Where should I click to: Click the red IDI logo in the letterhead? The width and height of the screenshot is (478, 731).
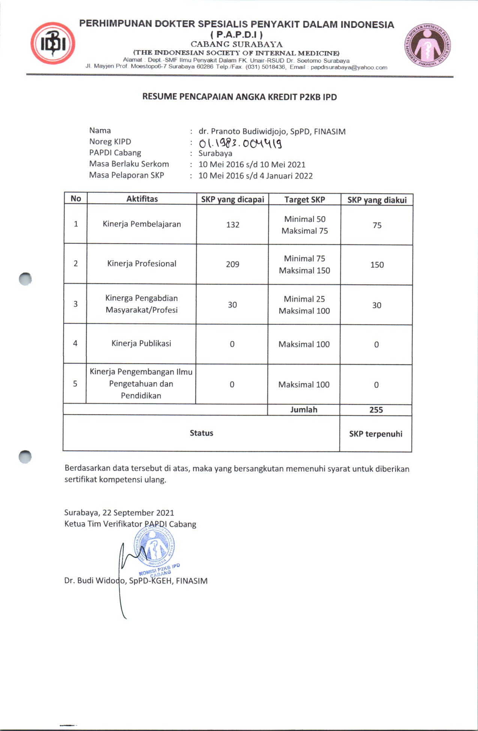point(53,43)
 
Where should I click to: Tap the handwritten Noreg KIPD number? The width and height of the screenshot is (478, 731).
point(240,143)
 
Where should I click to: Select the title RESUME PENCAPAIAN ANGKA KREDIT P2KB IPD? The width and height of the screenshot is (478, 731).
point(239,97)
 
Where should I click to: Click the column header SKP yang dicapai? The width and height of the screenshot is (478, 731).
point(233,199)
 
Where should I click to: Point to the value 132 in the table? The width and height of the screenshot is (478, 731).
point(233,225)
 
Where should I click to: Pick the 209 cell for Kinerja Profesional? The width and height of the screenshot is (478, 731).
point(233,264)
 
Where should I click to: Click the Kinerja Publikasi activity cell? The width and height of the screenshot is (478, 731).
point(141,344)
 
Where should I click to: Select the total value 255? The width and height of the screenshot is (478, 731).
point(376,410)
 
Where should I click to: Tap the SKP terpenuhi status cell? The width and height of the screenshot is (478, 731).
point(376,434)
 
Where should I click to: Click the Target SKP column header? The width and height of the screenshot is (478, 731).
point(305,200)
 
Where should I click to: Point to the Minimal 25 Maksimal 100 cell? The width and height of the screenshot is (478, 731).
point(304,305)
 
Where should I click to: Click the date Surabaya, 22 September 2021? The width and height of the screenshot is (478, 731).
point(119,513)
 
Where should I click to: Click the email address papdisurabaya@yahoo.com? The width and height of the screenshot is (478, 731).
point(349,68)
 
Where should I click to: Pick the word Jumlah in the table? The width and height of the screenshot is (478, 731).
point(304,410)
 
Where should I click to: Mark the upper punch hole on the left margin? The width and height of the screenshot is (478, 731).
point(25,279)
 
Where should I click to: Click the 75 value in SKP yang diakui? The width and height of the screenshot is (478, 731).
point(377,225)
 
